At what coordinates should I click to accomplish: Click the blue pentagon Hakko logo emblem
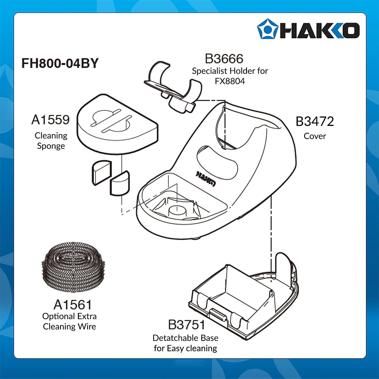pos(267,29)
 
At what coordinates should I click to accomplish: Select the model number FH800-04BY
pos(60,63)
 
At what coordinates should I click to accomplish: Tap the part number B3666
pos(224,59)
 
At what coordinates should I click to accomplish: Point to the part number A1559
pos(51,120)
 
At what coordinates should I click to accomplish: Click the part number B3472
pos(315,122)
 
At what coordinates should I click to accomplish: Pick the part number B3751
pos(186,325)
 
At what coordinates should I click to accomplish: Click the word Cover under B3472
pos(315,136)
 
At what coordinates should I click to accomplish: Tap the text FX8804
pos(230,81)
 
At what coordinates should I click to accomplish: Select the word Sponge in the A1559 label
pos(51,146)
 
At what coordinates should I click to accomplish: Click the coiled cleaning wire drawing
pos(73,267)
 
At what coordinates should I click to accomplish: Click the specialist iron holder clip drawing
pos(174,86)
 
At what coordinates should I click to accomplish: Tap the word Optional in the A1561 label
pos(58,316)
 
